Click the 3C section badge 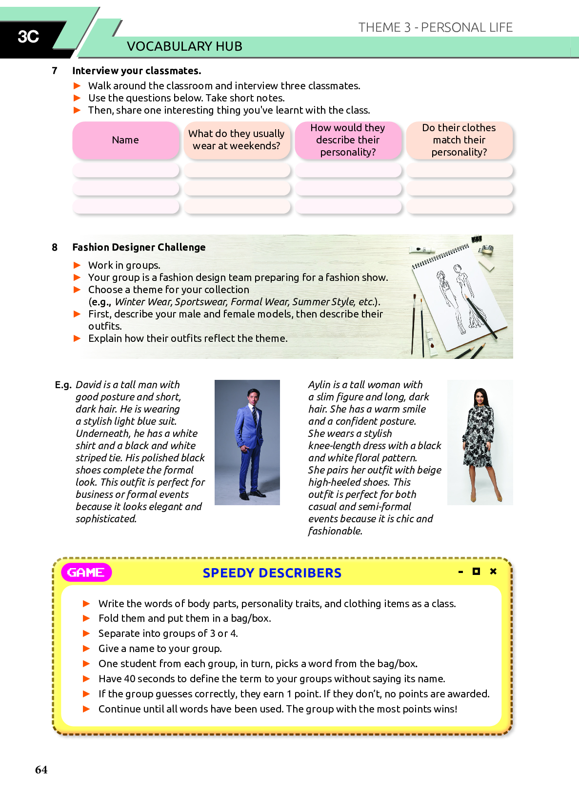(x=28, y=37)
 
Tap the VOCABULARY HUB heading (x=184, y=46)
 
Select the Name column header (x=125, y=140)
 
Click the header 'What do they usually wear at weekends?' (x=237, y=140)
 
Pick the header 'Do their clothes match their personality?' (x=459, y=140)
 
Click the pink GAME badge (x=86, y=572)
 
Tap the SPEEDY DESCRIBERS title (x=272, y=573)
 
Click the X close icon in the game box (x=493, y=571)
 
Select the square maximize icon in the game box (x=476, y=571)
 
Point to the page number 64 (x=41, y=770)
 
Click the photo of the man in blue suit (x=247, y=442)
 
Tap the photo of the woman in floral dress (x=480, y=442)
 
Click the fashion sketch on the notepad (x=454, y=297)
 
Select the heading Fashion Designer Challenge (x=139, y=247)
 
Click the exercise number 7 (x=55, y=71)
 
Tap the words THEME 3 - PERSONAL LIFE (x=435, y=27)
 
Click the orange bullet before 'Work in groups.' (x=77, y=265)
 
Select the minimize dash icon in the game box (x=460, y=572)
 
